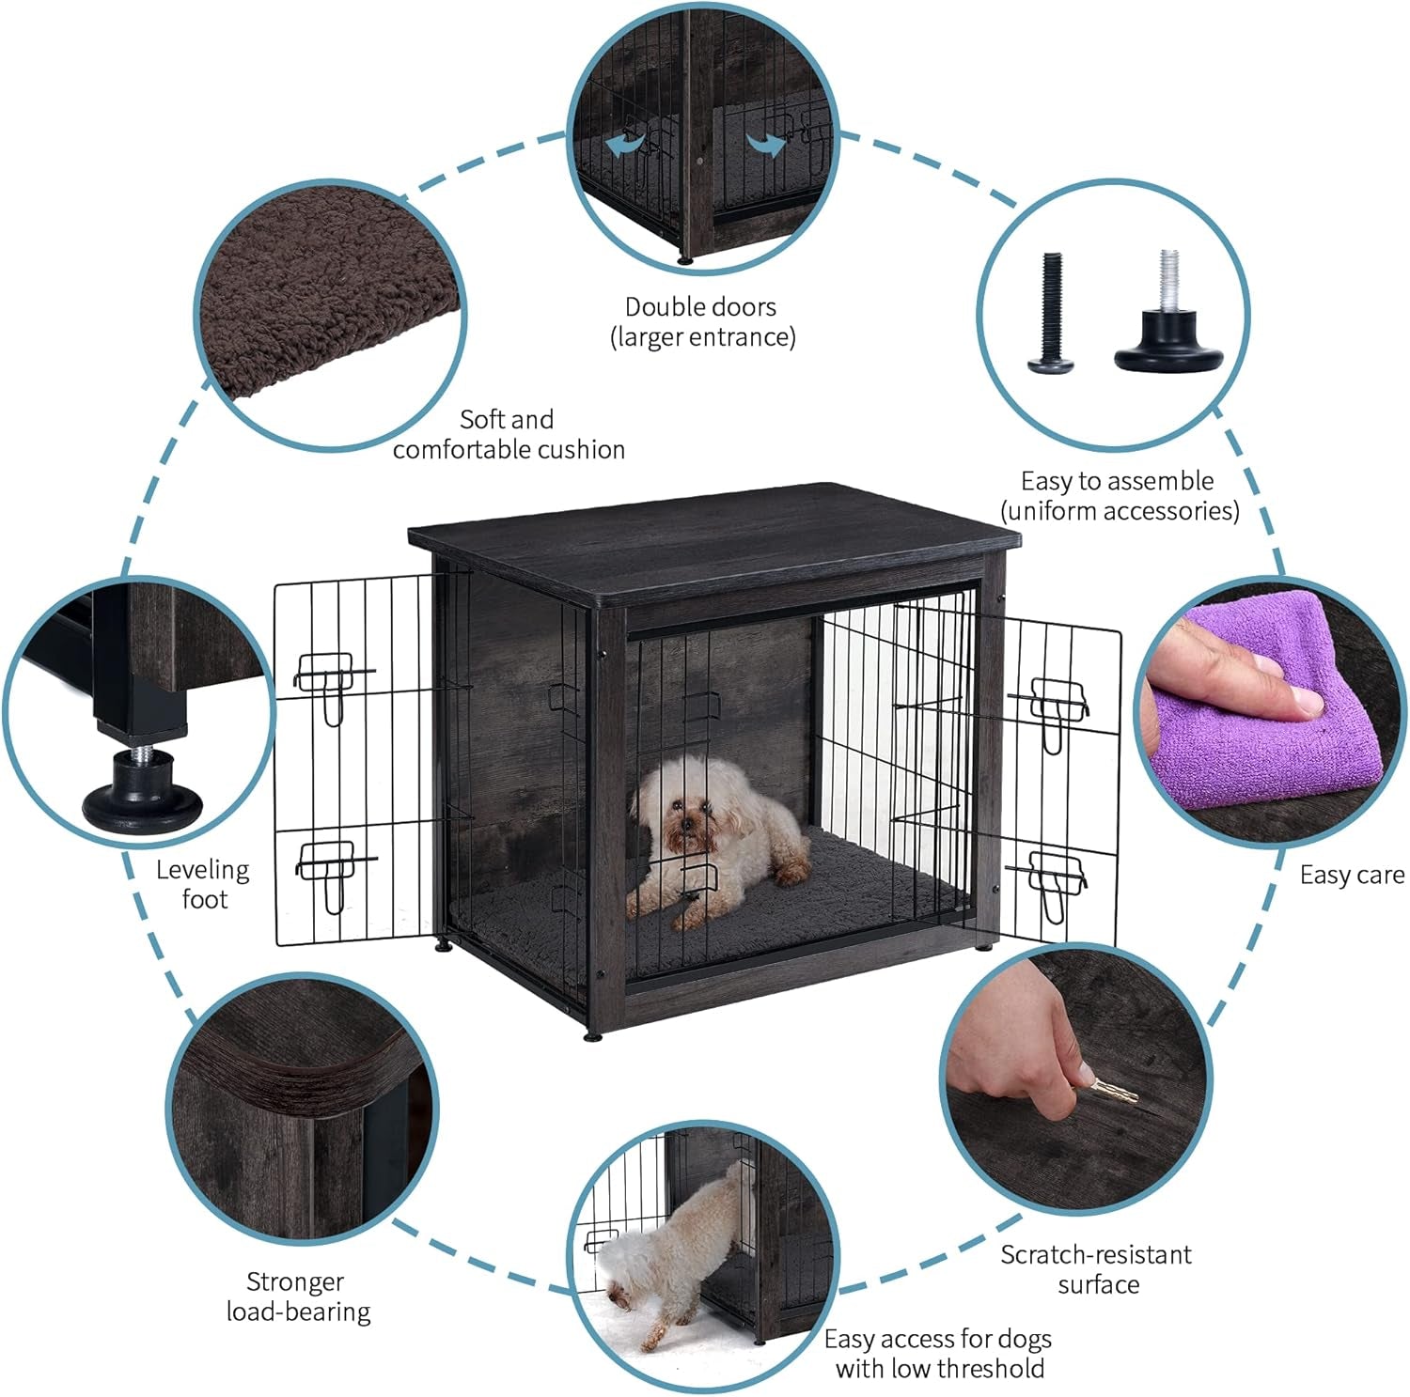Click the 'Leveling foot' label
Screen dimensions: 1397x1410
click(x=203, y=884)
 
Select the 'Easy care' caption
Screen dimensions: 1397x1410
click(x=1351, y=875)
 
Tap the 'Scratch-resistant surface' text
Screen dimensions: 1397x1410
click(x=1096, y=1268)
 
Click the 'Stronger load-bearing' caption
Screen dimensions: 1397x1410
click(x=297, y=1296)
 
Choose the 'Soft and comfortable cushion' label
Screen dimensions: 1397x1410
click(x=508, y=434)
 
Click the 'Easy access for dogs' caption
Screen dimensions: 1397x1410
click(x=938, y=1353)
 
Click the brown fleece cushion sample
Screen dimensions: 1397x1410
click(x=329, y=301)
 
